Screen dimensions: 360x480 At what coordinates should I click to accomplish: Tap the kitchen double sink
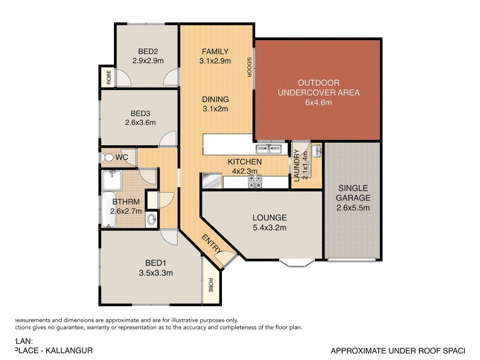pos(269,149)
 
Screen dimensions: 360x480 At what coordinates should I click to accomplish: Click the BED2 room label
pos(148,51)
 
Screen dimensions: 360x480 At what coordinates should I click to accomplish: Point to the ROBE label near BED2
pos(108,77)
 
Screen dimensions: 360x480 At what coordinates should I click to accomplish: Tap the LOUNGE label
pos(269,217)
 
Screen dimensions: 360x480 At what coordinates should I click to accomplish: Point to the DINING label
pos(215,100)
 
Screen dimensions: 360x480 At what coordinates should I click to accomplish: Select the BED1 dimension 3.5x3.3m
pos(152,273)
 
